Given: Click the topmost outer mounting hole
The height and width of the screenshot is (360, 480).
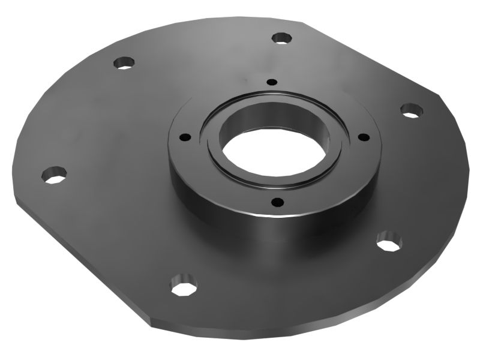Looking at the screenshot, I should [281, 38].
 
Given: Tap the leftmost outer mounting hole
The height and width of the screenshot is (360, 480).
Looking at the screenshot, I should [54, 175].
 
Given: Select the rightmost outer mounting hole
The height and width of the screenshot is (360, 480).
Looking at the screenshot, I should [411, 110].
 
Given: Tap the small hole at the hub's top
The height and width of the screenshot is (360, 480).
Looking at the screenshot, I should [272, 82].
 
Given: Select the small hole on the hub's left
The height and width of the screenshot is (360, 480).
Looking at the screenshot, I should [185, 137].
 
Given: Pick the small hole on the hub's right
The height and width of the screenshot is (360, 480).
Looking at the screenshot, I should [362, 137].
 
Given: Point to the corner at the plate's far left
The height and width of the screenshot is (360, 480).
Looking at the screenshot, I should [13, 198].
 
